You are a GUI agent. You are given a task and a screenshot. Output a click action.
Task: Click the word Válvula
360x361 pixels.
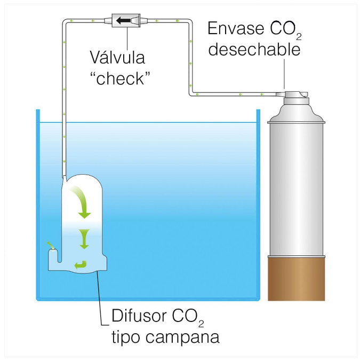pyautogui.click(x=117, y=57)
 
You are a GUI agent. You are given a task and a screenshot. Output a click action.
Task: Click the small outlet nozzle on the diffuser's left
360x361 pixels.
pyautogui.click(x=51, y=246)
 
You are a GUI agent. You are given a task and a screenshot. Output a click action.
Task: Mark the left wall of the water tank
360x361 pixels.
pyautogui.click(x=37, y=203)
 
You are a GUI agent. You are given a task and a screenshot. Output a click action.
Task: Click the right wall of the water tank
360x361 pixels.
pyautogui.click(x=258, y=203)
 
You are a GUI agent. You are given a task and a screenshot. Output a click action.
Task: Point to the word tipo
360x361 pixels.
pyautogui.click(x=128, y=337)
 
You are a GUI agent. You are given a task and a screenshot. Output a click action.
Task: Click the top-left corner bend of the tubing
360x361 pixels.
pyautogui.click(x=65, y=22)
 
